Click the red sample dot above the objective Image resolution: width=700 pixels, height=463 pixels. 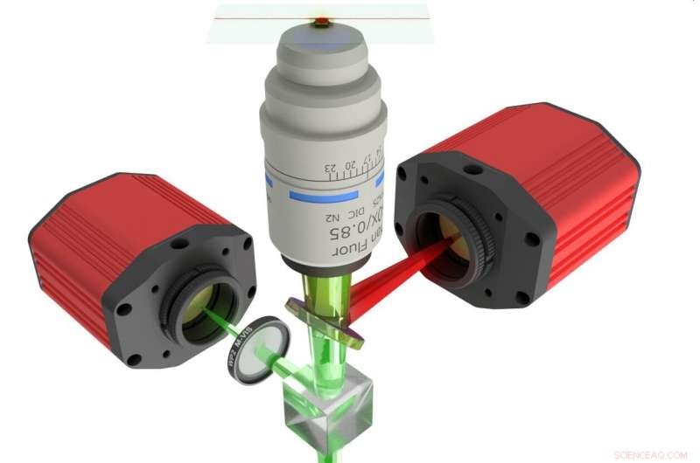click(324, 18)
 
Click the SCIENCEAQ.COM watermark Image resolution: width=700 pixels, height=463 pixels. click(652, 453)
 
